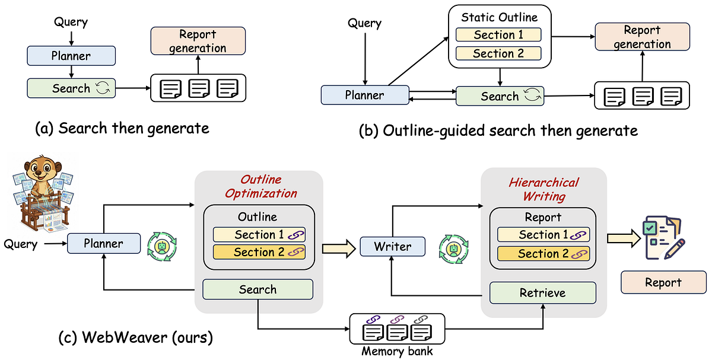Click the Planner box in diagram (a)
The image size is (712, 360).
71,56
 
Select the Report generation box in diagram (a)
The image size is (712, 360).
198,41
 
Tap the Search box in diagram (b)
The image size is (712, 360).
500,96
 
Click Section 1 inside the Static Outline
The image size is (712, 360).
498,34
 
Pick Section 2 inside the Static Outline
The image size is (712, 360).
498,53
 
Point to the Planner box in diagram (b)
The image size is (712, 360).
365,95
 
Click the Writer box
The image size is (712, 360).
393,247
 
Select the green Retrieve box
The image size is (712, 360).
543,292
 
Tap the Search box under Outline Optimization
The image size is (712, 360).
258,289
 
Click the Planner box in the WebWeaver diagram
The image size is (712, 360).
104,243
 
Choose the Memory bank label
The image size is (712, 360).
397,352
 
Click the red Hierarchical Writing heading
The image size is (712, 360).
544,189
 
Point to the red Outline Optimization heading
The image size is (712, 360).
261,186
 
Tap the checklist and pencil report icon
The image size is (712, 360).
663,238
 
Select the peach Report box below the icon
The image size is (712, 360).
664,282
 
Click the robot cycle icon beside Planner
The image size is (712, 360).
162,247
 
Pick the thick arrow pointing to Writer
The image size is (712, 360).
339,249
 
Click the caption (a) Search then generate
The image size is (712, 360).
122,128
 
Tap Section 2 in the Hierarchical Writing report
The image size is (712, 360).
543,254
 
